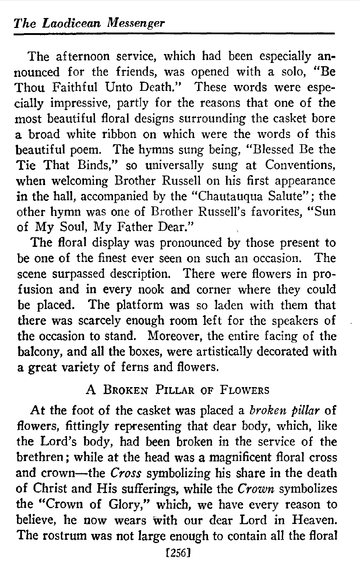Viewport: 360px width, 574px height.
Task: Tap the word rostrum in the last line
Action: [72, 536]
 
